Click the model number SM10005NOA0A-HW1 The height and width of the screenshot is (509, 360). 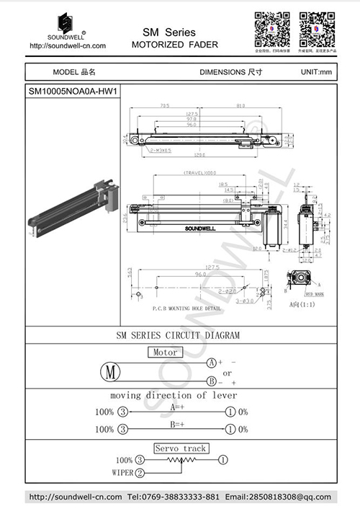tap(72, 92)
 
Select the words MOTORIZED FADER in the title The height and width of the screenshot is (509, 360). tap(174, 45)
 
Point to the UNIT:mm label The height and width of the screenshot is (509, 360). tap(316, 73)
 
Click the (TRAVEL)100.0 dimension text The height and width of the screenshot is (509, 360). tap(201, 173)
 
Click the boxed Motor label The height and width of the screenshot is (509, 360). tap(165, 353)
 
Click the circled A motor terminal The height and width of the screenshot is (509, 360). tap(212, 362)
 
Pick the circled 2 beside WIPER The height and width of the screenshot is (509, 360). tap(140, 472)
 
